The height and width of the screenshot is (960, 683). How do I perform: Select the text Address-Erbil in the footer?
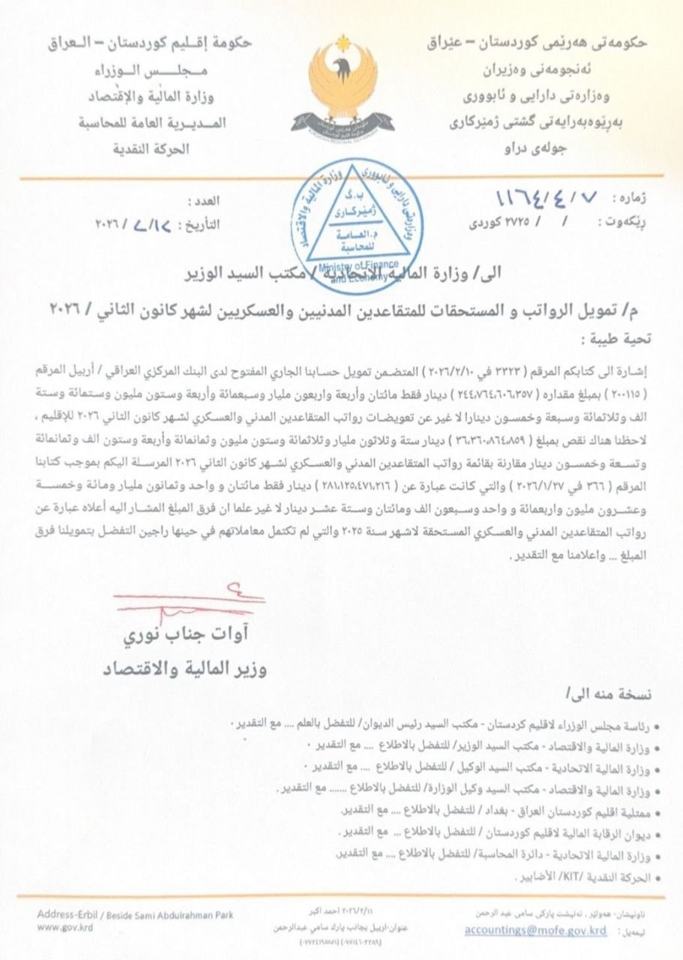click(x=64, y=915)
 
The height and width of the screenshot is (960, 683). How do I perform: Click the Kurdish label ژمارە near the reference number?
click(x=631, y=200)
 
